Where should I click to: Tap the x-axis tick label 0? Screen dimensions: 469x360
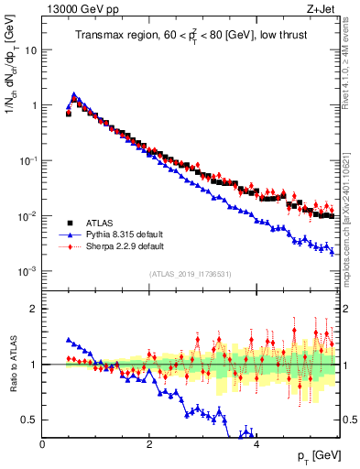(x=43, y=444)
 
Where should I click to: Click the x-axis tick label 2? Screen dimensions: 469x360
(x=149, y=444)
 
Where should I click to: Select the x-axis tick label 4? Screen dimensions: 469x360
(x=256, y=444)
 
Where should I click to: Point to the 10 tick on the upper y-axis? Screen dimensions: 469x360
(x=31, y=49)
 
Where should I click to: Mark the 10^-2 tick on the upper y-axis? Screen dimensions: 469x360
(x=27, y=216)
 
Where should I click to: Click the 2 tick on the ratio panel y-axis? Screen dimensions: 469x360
(x=35, y=309)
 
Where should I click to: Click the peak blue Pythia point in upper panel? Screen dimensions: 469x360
(x=74, y=93)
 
